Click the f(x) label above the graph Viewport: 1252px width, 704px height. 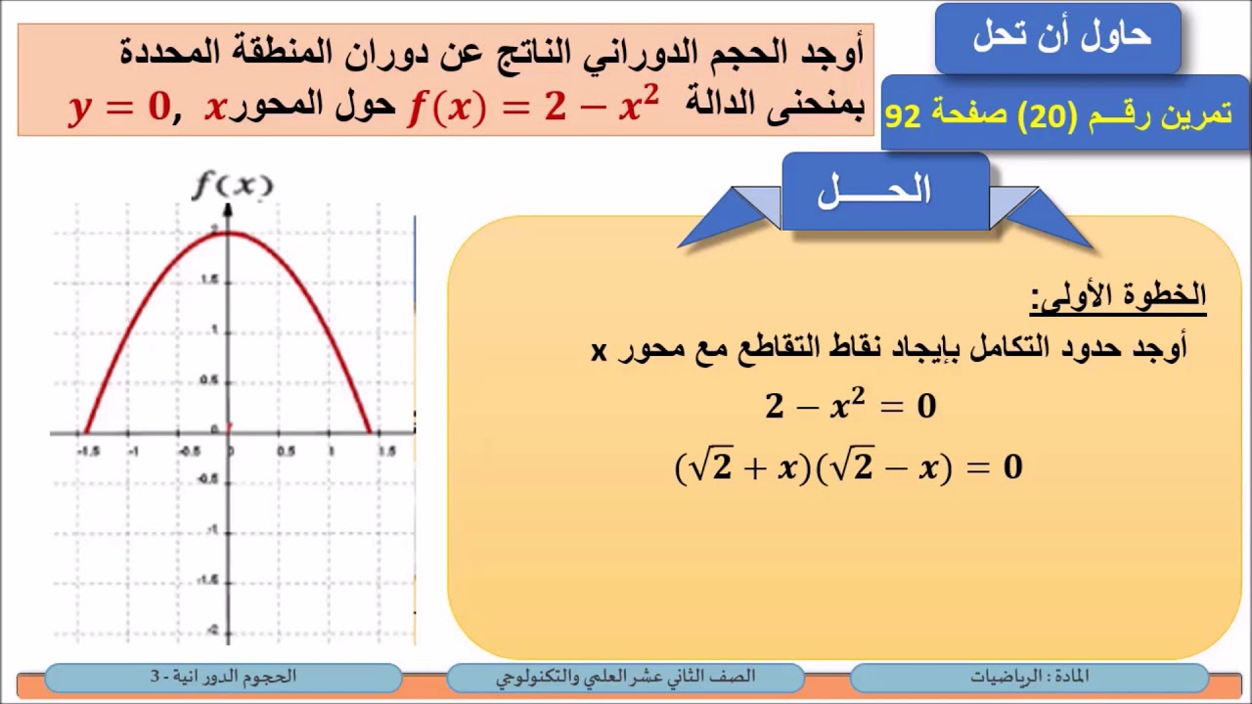pyautogui.click(x=232, y=185)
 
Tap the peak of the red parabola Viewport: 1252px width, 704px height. pyautogui.click(x=228, y=233)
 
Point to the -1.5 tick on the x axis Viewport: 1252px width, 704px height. pyautogui.click(x=88, y=451)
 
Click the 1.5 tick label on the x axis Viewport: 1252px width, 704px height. pyautogui.click(x=386, y=451)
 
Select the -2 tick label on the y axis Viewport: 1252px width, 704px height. pyautogui.click(x=213, y=631)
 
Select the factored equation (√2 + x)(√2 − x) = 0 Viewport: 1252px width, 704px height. pyautogui.click(x=848, y=468)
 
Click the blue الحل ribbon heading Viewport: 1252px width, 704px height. pyautogui.click(x=874, y=192)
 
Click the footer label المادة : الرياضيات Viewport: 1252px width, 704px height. pyautogui.click(x=1030, y=677)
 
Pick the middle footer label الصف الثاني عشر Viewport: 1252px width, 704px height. pyautogui.click(x=626, y=677)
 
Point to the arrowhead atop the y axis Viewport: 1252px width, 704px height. pyautogui.click(x=228, y=208)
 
